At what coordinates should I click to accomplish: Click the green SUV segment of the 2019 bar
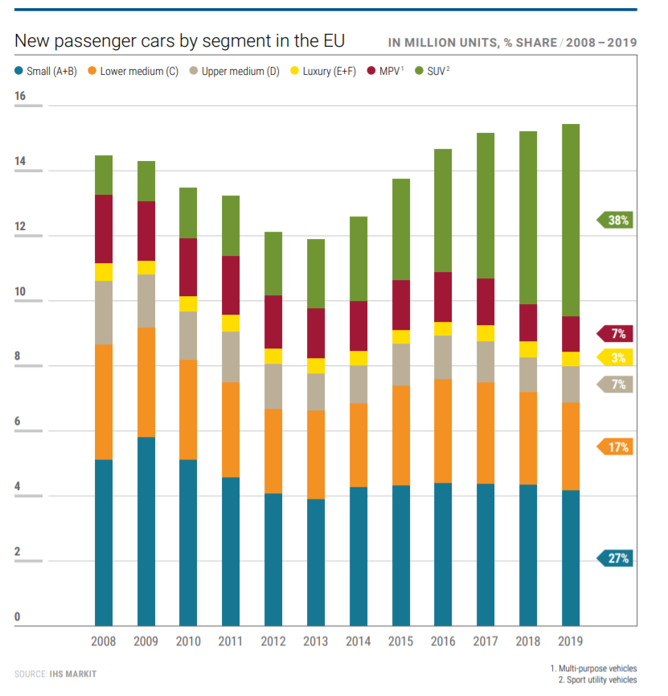(x=570, y=220)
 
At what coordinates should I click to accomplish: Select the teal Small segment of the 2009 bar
(x=146, y=531)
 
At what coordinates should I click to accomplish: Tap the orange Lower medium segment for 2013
(x=316, y=455)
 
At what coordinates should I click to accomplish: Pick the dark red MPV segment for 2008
(x=104, y=229)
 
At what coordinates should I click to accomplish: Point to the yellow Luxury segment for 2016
(x=443, y=328)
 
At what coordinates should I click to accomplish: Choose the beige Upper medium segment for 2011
(x=231, y=356)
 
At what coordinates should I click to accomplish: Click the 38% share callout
(x=616, y=220)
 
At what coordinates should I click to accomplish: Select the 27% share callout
(x=616, y=558)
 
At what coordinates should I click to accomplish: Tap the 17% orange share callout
(x=616, y=447)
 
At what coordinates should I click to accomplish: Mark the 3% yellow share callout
(x=616, y=357)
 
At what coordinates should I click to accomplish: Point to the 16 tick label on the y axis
(x=20, y=97)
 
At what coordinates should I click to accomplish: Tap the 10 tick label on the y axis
(x=20, y=292)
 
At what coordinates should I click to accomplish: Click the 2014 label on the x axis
(x=358, y=641)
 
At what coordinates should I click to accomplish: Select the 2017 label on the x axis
(x=485, y=641)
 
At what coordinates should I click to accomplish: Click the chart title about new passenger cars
(x=180, y=40)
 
